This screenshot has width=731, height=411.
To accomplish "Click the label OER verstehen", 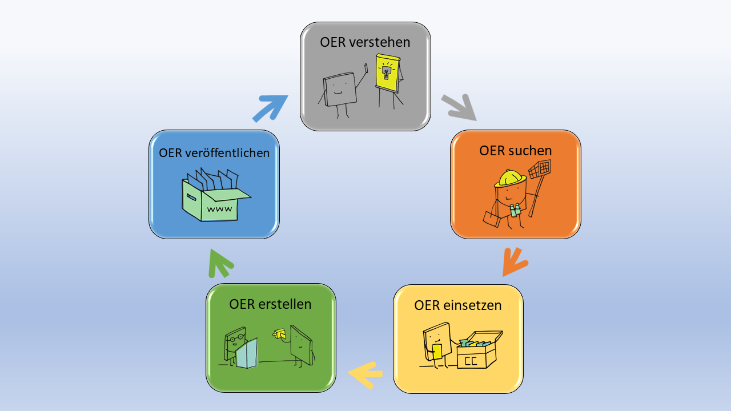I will pos(365,42).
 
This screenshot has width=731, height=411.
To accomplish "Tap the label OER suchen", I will pos(515,151).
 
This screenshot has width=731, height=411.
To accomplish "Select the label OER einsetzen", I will pos(457,305).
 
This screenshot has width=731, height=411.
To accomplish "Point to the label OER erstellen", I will pos(270,304).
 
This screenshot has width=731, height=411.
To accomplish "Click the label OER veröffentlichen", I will pos(214,153).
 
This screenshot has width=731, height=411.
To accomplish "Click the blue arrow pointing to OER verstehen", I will pos(270,107).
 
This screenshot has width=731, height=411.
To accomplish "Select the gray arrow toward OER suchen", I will pos(460,107).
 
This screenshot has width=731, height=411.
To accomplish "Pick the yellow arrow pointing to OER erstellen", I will pos(365,374).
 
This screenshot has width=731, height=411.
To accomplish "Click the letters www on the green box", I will pos(219,209).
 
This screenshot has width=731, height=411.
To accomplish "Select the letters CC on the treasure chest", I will pos(471,361).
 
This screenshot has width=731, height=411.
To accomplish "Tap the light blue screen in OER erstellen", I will pos(247,354).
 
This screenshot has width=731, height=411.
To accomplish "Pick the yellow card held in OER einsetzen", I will pos(436,352).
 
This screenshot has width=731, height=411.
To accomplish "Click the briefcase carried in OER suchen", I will pos(491,219).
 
